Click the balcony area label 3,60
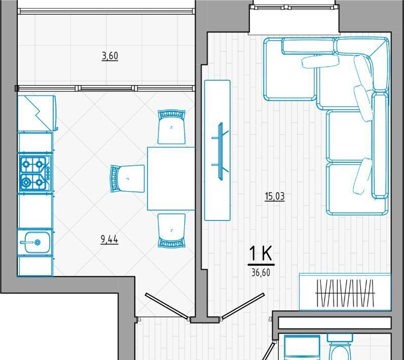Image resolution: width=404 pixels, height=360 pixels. point(110,56)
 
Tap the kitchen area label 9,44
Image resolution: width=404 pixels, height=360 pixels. point(109,240)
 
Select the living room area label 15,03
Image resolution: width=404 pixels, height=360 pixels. point(275,196)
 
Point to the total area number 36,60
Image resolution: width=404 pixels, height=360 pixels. point(261,273)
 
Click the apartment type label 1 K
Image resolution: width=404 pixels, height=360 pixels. point(261,254)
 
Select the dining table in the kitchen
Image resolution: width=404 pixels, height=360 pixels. point(171,178)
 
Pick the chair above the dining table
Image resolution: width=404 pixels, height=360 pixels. point(171,127)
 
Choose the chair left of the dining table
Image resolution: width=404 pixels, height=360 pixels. point(127,178)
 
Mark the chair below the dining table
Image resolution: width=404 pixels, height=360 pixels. point(171,230)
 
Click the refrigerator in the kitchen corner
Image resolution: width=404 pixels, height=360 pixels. point(38,113)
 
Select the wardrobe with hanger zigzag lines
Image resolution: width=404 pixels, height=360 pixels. point(345,292)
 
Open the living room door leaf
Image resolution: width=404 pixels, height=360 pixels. point(243,306)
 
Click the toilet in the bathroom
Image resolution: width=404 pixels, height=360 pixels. point(340,347)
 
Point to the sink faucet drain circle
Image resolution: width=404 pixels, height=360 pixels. point(38,242)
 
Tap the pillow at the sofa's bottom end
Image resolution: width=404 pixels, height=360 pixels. point(362,176)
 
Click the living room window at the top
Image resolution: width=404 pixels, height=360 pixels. point(294,8)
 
